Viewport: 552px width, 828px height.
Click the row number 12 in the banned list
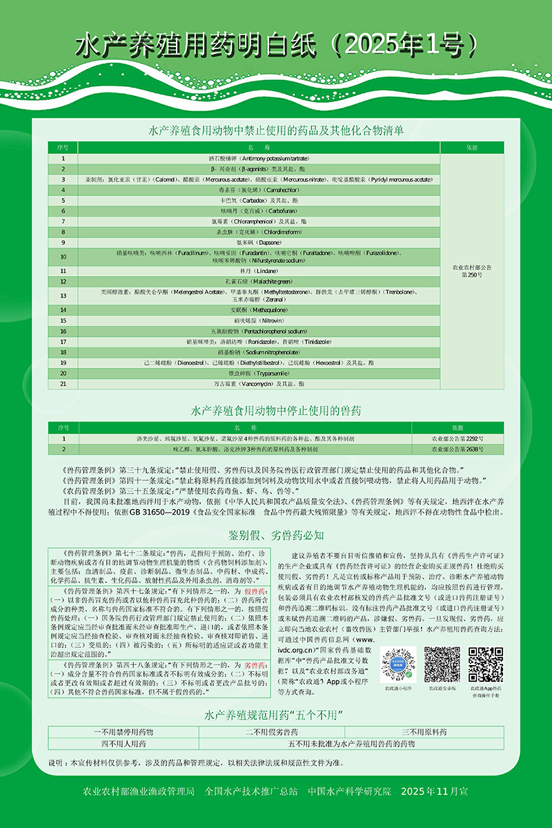click(x=63, y=282)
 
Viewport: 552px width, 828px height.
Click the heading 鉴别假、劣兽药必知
click(x=275, y=535)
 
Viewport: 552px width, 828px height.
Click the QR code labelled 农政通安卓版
click(x=442, y=664)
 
